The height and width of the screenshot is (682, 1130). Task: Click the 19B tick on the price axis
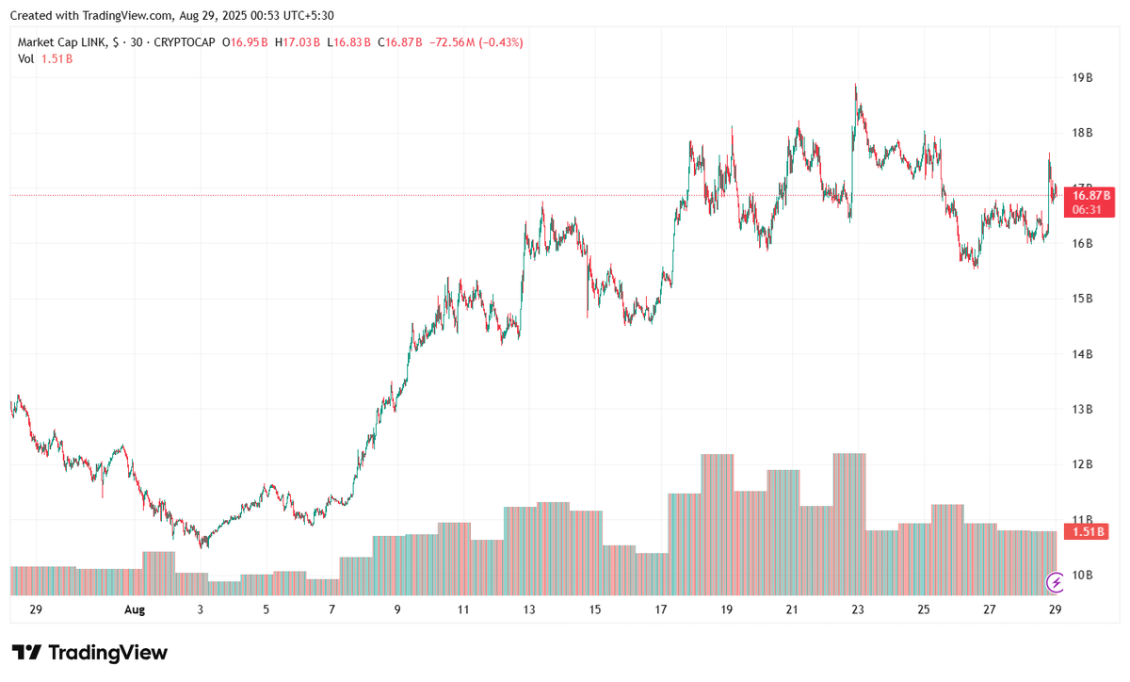pyautogui.click(x=1082, y=78)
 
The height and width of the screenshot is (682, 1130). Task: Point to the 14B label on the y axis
pyautogui.click(x=1082, y=354)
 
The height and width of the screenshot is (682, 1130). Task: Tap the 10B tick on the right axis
pyautogui.click(x=1082, y=576)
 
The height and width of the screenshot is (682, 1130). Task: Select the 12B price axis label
pyautogui.click(x=1082, y=464)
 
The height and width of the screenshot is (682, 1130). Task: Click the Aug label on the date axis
pyautogui.click(x=135, y=609)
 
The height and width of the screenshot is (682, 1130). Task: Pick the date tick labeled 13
pyautogui.click(x=529, y=609)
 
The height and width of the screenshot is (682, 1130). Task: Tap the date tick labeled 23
pyautogui.click(x=858, y=609)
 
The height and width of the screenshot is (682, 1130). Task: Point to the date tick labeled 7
pyautogui.click(x=332, y=609)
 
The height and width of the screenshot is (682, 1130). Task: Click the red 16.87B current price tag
pyautogui.click(x=1088, y=195)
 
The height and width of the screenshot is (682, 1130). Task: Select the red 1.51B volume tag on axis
pyautogui.click(x=1088, y=531)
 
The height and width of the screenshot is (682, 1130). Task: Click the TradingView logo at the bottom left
pyautogui.click(x=89, y=653)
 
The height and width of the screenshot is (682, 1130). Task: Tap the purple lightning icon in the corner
pyautogui.click(x=1057, y=583)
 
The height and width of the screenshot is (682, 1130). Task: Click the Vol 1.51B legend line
pyautogui.click(x=45, y=58)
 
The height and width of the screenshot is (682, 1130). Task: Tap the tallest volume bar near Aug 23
pyautogui.click(x=849, y=523)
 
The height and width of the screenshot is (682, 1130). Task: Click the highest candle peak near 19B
pyautogui.click(x=856, y=85)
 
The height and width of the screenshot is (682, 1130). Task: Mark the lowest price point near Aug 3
pyautogui.click(x=202, y=546)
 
